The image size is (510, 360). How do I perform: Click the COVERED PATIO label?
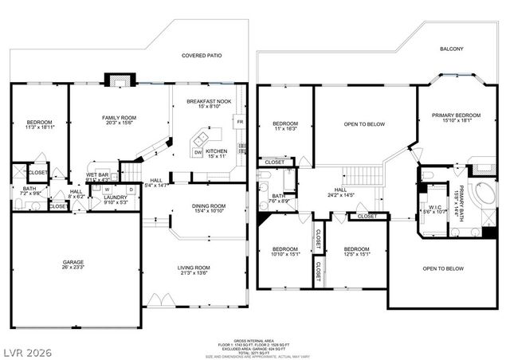(201, 56)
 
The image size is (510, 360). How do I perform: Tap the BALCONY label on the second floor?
(451, 49)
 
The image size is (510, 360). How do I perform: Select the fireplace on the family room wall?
(117, 80)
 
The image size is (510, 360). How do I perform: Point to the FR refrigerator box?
(239, 122)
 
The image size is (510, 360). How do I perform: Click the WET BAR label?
(98, 176)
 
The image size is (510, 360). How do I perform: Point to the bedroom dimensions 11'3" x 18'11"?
(38, 127)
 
